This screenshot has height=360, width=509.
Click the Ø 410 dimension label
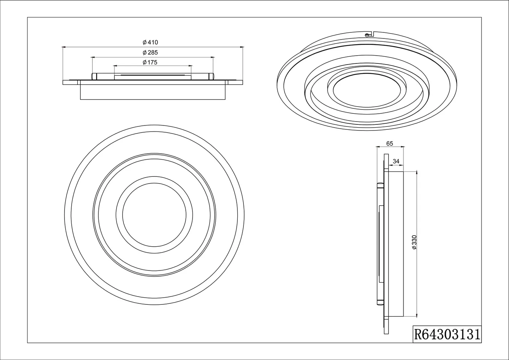tap(150, 42)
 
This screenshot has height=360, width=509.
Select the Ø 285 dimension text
tap(150, 52)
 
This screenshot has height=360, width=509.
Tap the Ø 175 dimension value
tap(150, 62)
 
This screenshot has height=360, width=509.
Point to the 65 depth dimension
tap(389, 144)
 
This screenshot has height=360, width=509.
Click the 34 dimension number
tap(396, 161)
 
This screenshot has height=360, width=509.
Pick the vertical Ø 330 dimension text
tap(414, 242)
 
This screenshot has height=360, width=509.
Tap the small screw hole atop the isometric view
tap(367, 35)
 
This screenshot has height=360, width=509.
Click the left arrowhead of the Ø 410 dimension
tap(64, 47)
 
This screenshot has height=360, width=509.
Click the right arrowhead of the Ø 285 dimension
tap(214, 57)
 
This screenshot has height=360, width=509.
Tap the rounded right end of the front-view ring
tap(213, 76)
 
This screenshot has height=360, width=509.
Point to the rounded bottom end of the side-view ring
tap(381, 303)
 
